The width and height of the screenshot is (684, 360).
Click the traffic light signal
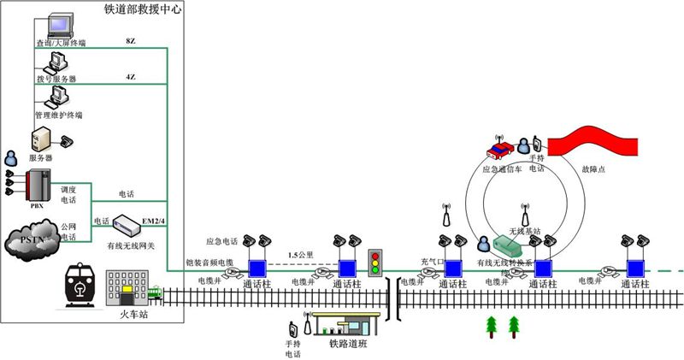tap(374, 262)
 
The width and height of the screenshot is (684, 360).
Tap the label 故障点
tap(593, 169)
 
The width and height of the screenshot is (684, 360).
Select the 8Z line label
tap(130, 40)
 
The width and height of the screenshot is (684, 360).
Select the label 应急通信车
tap(501, 169)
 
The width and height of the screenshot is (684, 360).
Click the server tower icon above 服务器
tap(41, 139)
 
